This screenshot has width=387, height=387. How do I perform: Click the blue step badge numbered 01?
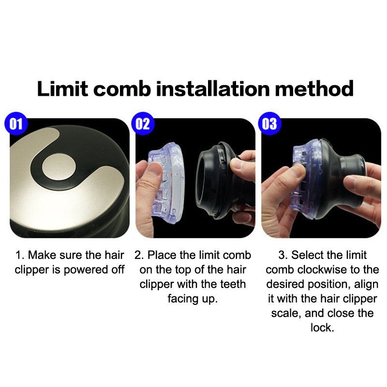[x=16, y=124]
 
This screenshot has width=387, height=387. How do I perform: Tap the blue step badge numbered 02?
[x=143, y=124]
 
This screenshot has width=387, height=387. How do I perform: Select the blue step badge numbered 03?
[x=269, y=124]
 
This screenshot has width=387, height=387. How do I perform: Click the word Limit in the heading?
[x=62, y=89]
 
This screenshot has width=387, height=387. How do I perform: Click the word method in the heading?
[x=314, y=89]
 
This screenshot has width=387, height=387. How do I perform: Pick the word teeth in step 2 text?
[x=233, y=284]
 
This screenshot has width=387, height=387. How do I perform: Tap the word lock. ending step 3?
[x=322, y=328]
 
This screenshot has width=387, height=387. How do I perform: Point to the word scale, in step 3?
[x=286, y=313]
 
